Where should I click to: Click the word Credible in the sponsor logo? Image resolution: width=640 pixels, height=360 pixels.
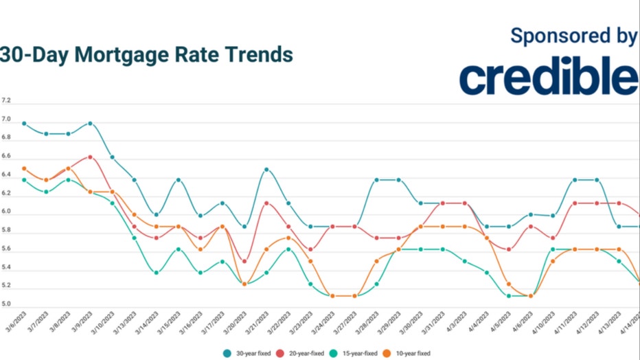pos(549,78)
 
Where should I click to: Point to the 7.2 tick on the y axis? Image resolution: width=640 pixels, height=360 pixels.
pos(6,100)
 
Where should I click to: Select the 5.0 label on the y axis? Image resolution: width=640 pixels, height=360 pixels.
pos(6,304)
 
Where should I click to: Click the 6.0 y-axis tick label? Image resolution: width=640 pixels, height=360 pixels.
pos(6,212)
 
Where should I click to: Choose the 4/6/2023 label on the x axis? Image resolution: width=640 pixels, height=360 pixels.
pos(525,324)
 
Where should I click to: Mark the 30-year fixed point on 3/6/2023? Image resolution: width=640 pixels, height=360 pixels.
pos(24,124)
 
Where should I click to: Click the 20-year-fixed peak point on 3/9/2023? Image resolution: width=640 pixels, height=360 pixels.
pos(90,157)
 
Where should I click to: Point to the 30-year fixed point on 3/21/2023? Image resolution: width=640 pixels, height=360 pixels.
pos(266,169)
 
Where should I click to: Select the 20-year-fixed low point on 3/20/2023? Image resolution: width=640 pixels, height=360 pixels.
pos(244,261)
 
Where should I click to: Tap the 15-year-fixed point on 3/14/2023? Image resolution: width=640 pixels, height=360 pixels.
pos(156,273)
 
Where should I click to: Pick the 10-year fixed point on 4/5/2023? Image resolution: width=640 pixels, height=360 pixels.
pos(509,284)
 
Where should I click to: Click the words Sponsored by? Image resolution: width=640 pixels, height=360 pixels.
pos(574,36)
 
